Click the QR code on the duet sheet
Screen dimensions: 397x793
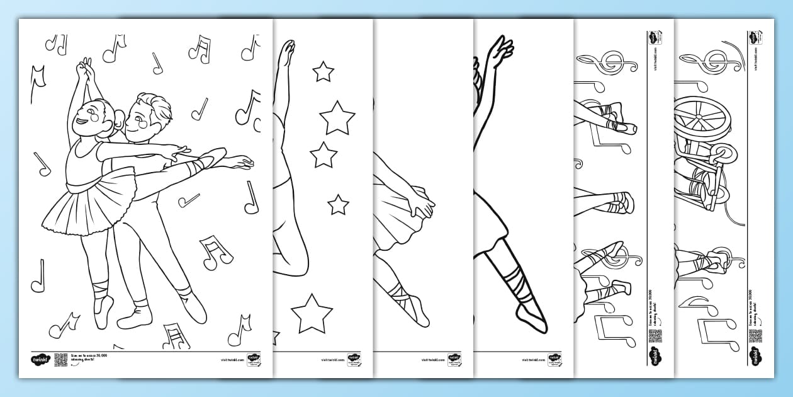click(x=60, y=360)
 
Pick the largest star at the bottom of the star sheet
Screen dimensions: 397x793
click(x=313, y=313)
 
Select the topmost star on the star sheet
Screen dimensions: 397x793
click(x=323, y=72)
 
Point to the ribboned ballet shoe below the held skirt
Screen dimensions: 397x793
click(x=409, y=302)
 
